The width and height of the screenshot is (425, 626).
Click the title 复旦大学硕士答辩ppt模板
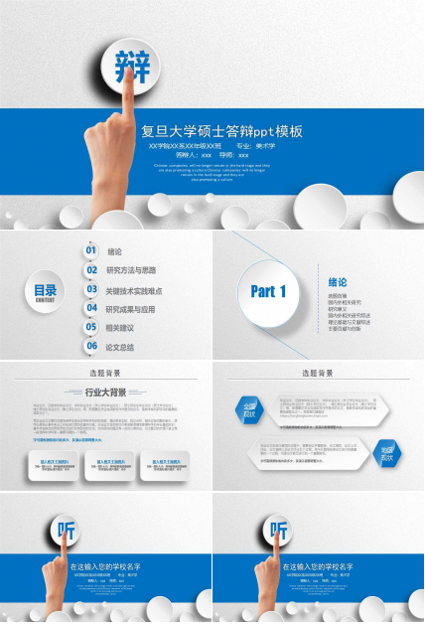point(221,131)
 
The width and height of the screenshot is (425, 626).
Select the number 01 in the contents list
point(91,251)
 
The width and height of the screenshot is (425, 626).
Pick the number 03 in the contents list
point(91,290)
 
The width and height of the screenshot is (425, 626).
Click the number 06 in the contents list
point(91,347)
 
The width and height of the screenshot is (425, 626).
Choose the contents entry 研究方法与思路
point(131,270)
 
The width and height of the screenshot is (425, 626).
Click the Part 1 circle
point(269,292)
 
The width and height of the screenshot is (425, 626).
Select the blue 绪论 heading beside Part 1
point(338,281)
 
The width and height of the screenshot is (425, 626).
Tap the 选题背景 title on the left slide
point(105,373)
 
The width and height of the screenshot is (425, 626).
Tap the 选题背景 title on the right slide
point(318,373)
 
